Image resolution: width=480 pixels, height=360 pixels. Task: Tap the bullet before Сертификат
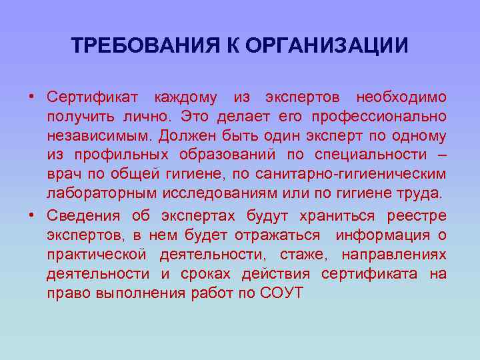(31, 97)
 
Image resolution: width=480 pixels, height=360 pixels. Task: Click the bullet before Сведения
(31, 215)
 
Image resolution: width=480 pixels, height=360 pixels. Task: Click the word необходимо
(401, 97)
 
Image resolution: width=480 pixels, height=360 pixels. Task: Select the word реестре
(420, 215)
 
